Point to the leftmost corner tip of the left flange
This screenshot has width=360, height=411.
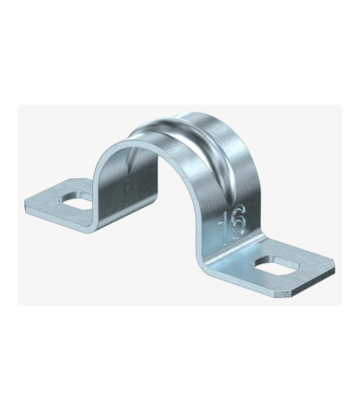pos(25,200)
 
